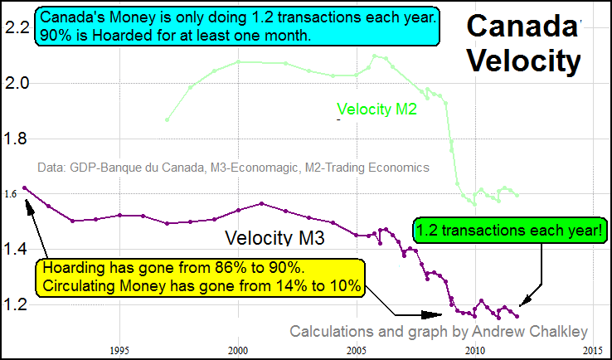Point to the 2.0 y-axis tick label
[17, 83]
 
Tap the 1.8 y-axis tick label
[17, 139]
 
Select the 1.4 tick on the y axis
[17, 249]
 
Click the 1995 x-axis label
[119, 349]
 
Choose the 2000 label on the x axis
[238, 349]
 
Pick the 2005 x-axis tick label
[357, 349]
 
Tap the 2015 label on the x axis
[592, 349]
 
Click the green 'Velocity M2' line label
[376, 108]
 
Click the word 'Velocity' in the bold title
[523, 60]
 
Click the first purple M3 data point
[25, 188]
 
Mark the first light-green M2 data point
[168, 119]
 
